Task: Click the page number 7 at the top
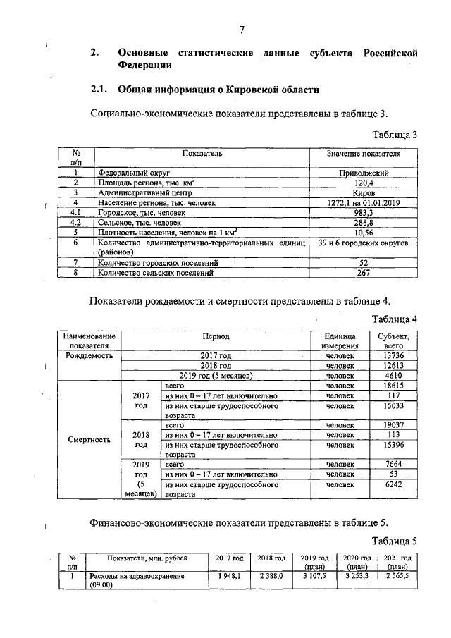[x=241, y=29]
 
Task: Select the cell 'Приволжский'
[x=363, y=172]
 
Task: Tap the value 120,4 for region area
[x=363, y=182]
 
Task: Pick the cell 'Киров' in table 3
[x=363, y=192]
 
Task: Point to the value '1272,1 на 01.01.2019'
[x=363, y=202]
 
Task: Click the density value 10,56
[x=363, y=232]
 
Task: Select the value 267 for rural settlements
[x=363, y=272]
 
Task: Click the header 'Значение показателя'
[x=363, y=153]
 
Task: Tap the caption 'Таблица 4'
[x=395, y=319]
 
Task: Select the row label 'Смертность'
[x=88, y=440]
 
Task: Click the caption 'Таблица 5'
[x=395, y=541]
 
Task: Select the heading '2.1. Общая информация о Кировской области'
[x=205, y=90]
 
